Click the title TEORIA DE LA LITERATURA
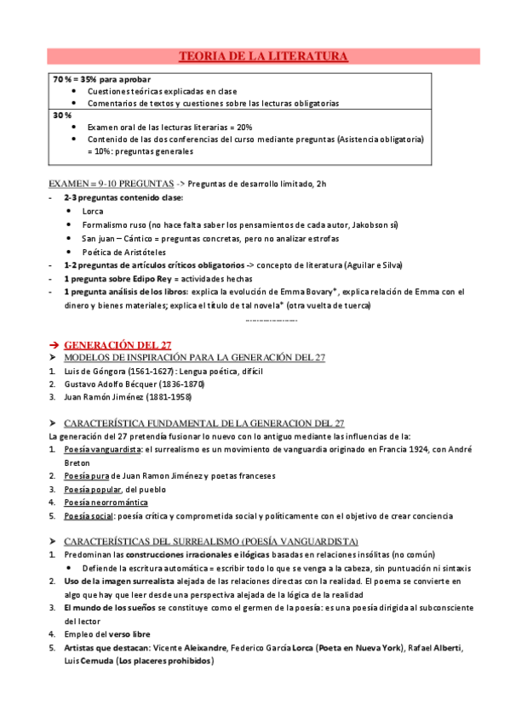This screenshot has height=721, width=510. click(x=263, y=57)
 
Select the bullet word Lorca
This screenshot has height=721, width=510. click(x=93, y=211)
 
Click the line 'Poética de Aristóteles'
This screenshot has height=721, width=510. click(x=123, y=252)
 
